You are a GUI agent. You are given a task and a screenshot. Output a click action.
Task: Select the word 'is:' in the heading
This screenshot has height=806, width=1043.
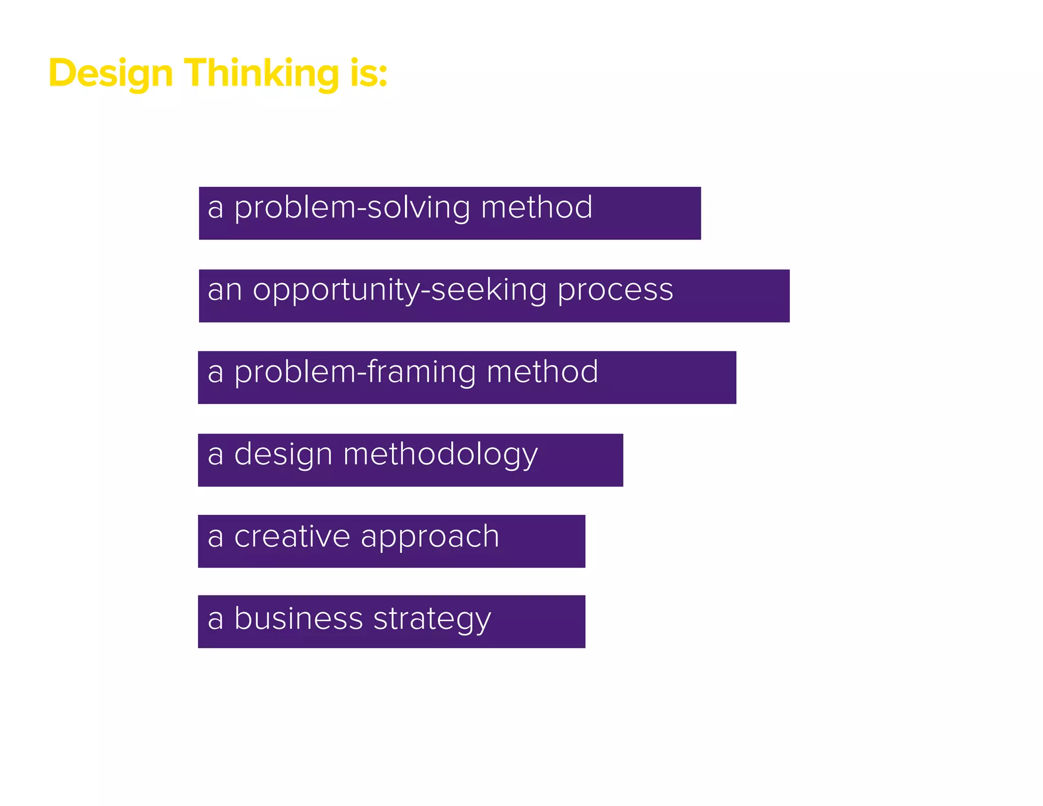pyautogui.click(x=369, y=73)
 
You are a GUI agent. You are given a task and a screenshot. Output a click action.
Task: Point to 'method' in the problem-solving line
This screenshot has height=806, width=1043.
pyautogui.click(x=537, y=207)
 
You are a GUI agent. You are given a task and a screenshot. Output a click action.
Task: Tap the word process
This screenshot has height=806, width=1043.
pyautogui.click(x=615, y=291)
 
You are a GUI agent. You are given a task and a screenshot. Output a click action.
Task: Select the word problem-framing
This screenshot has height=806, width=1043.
pyautogui.click(x=355, y=372)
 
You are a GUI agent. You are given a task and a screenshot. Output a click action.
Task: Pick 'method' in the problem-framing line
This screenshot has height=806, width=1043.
pyautogui.click(x=542, y=372)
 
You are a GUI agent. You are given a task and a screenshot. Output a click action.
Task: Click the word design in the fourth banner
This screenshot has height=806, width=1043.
pyautogui.click(x=283, y=455)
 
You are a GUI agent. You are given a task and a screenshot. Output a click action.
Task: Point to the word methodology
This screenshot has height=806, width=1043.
pyautogui.click(x=441, y=455)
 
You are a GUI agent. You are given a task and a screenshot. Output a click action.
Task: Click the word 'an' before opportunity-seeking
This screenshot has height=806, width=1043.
pyautogui.click(x=224, y=291)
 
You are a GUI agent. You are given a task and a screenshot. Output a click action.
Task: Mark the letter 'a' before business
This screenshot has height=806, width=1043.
pyautogui.click(x=215, y=620)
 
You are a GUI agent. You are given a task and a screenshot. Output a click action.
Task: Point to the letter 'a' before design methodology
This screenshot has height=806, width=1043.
pyautogui.click(x=215, y=455)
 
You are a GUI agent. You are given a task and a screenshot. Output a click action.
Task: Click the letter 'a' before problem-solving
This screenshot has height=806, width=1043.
pyautogui.click(x=215, y=208)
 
